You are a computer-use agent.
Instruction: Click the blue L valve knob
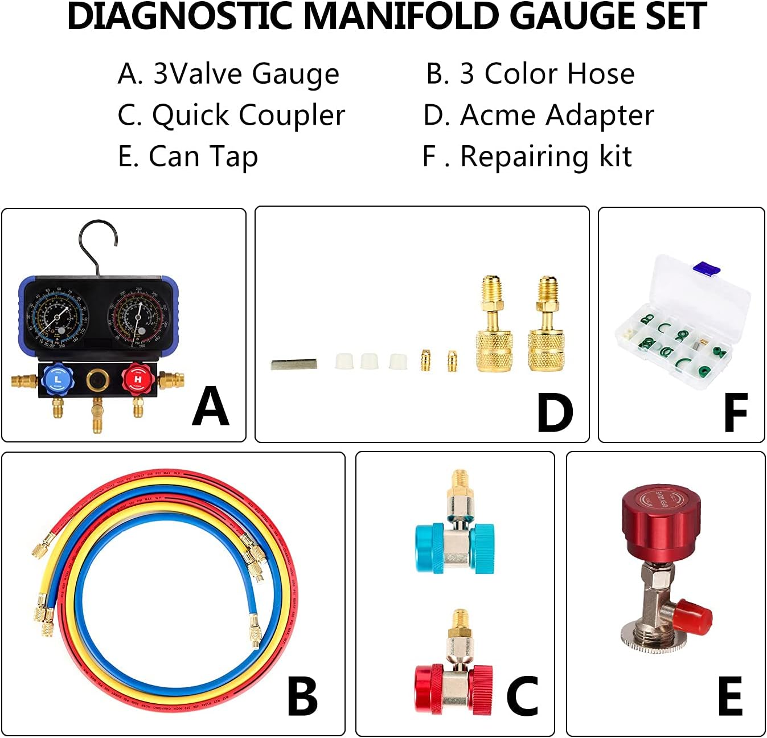pyautogui.click(x=58, y=378)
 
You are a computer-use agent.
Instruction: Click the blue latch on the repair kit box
pyautogui.click(x=706, y=267)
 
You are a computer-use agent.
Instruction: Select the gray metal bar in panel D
pyautogui.click(x=294, y=364)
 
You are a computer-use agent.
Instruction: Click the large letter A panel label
pyautogui.click(x=210, y=407)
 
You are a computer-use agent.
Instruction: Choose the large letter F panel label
pyautogui.click(x=735, y=413)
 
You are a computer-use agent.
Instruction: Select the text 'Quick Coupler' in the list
pyautogui.click(x=248, y=116)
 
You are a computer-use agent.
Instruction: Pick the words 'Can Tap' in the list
pyautogui.click(x=203, y=157)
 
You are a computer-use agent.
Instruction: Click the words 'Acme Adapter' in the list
pyautogui.click(x=557, y=116)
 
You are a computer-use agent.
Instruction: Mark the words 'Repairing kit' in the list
pyautogui.click(x=545, y=157)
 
